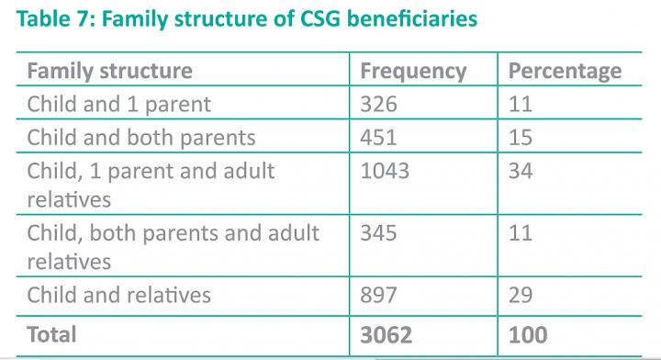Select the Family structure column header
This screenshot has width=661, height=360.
pyautogui.click(x=110, y=71)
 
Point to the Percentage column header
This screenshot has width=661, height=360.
pyautogui.click(x=565, y=71)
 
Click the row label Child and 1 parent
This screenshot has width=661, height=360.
pyautogui.click(x=118, y=104)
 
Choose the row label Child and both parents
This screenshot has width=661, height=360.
pyautogui.click(x=140, y=137)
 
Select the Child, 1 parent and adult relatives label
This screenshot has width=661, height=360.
pyautogui.click(x=151, y=185)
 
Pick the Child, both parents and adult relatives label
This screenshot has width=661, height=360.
pyautogui.click(x=174, y=247)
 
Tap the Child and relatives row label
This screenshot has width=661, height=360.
pyautogui.click(x=119, y=295)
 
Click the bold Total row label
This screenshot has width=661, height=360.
pyautogui.click(x=52, y=333)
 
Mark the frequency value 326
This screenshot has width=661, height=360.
pyautogui.click(x=378, y=104)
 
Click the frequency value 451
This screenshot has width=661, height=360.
pyautogui.click(x=378, y=137)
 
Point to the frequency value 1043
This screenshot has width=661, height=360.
pyautogui.click(x=386, y=170)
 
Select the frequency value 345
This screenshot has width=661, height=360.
pyautogui.click(x=378, y=232)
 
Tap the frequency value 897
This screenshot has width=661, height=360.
pyautogui.click(x=379, y=295)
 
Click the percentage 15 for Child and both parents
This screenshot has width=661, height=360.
pyautogui.click(x=520, y=137)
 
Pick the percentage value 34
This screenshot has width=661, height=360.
pyautogui.click(x=521, y=170)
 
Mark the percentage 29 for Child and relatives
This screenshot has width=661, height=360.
pyautogui.click(x=521, y=295)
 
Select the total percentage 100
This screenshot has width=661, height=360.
pyautogui.click(x=530, y=333)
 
